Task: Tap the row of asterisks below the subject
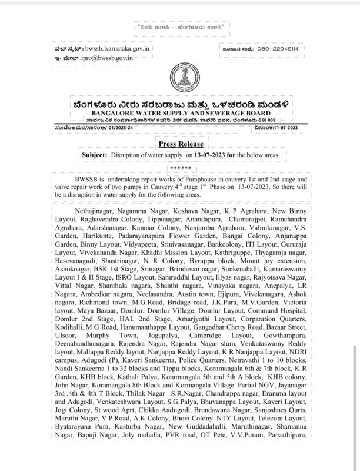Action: click(x=179, y=167)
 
